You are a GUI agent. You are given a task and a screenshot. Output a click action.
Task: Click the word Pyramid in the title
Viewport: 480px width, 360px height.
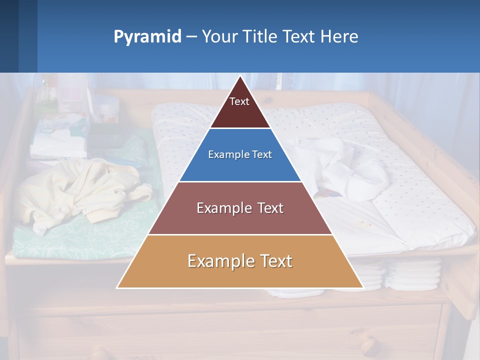[147, 37]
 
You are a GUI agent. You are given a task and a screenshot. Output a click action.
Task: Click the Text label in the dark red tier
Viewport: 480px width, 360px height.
[239, 101]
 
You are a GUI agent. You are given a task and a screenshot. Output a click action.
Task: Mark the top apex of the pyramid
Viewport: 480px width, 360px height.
[240, 75]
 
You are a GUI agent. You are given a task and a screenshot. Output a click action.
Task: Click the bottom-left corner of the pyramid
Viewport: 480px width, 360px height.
[117, 287]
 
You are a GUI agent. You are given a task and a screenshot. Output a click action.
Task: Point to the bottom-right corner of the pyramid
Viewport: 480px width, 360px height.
[363, 287]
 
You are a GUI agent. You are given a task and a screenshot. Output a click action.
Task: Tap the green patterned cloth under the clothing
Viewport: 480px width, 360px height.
[75, 240]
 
